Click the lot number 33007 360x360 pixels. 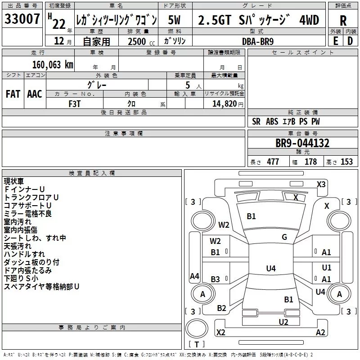click(22, 19)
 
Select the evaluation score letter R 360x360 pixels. click(343, 21)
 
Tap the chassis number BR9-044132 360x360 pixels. click(302, 143)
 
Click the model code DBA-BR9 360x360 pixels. click(257, 40)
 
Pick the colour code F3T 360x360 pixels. click(75, 103)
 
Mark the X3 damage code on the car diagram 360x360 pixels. click(321, 184)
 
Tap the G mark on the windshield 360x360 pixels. click(284, 237)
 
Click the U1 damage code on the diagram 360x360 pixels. click(326, 268)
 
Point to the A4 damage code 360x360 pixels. click(194, 276)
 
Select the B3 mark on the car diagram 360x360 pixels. click(216, 279)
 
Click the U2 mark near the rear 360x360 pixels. click(283, 322)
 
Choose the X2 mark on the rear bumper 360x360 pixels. click(221, 333)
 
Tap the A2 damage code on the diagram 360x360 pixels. click(320, 333)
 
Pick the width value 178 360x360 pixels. click(310, 162)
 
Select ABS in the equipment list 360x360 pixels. click(272, 121)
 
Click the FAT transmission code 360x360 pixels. click(13, 94)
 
